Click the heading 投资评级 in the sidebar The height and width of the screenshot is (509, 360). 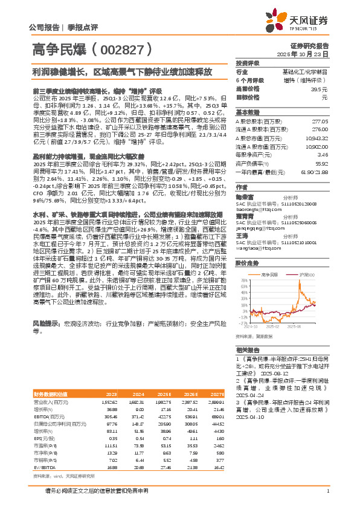point(248,63)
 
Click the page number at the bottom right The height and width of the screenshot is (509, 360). point(327,491)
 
